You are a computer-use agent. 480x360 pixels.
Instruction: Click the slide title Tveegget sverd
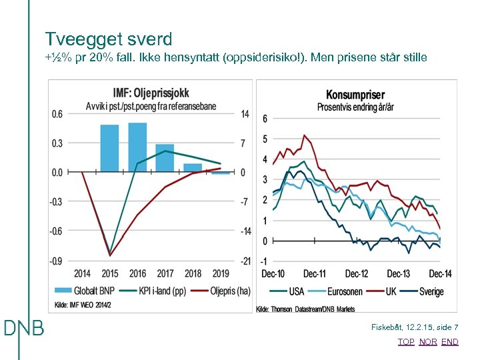coord(109,39)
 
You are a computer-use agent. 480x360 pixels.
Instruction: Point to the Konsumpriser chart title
coord(355,95)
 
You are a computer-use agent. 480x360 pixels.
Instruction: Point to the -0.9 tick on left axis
coord(57,261)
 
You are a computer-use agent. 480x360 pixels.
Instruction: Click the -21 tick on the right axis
coord(246,261)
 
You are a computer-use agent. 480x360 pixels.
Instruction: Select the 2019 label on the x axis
coord(221,273)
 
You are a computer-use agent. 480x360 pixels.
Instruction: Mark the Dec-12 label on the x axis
coord(357,274)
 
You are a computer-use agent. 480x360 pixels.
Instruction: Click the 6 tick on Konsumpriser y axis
coord(265,119)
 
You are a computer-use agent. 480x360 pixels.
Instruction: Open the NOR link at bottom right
coord(428,342)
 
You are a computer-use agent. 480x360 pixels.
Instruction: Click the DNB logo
coord(24,328)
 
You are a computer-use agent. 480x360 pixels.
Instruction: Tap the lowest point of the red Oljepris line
coord(110,255)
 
